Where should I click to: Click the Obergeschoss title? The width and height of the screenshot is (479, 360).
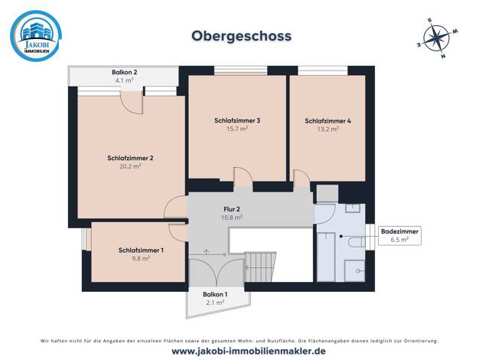tap(241, 36)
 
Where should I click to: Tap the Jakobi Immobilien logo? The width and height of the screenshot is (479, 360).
tap(36, 36)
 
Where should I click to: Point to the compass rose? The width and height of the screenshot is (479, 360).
tap(437, 38)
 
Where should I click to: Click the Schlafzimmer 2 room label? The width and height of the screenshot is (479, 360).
tap(130, 158)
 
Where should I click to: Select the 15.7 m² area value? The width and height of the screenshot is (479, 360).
tap(237, 129)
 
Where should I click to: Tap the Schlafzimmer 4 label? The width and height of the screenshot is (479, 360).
tap(327, 121)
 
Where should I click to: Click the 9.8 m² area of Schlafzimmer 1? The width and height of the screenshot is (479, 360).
tap(141, 258)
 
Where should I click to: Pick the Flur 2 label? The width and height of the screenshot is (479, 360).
tap(232, 210)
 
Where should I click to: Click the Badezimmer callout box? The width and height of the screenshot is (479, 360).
tap(399, 235)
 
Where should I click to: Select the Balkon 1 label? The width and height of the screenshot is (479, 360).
tap(215, 295)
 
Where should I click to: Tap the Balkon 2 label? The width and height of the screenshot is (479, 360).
tap(124, 73)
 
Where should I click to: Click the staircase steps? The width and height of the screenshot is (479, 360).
tap(260, 267)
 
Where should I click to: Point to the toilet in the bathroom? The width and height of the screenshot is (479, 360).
tap(357, 242)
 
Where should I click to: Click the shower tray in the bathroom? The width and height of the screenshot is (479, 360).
tap(355, 270)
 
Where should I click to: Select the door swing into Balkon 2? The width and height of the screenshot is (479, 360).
tap(132, 103)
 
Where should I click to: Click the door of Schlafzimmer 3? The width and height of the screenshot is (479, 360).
tap(243, 178)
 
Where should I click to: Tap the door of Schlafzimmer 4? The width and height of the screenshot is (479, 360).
tap(301, 178)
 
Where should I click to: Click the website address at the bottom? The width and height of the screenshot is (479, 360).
tap(249, 351)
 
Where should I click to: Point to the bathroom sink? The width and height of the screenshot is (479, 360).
tap(353, 208)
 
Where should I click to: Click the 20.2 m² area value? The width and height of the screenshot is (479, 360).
tap(130, 166)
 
